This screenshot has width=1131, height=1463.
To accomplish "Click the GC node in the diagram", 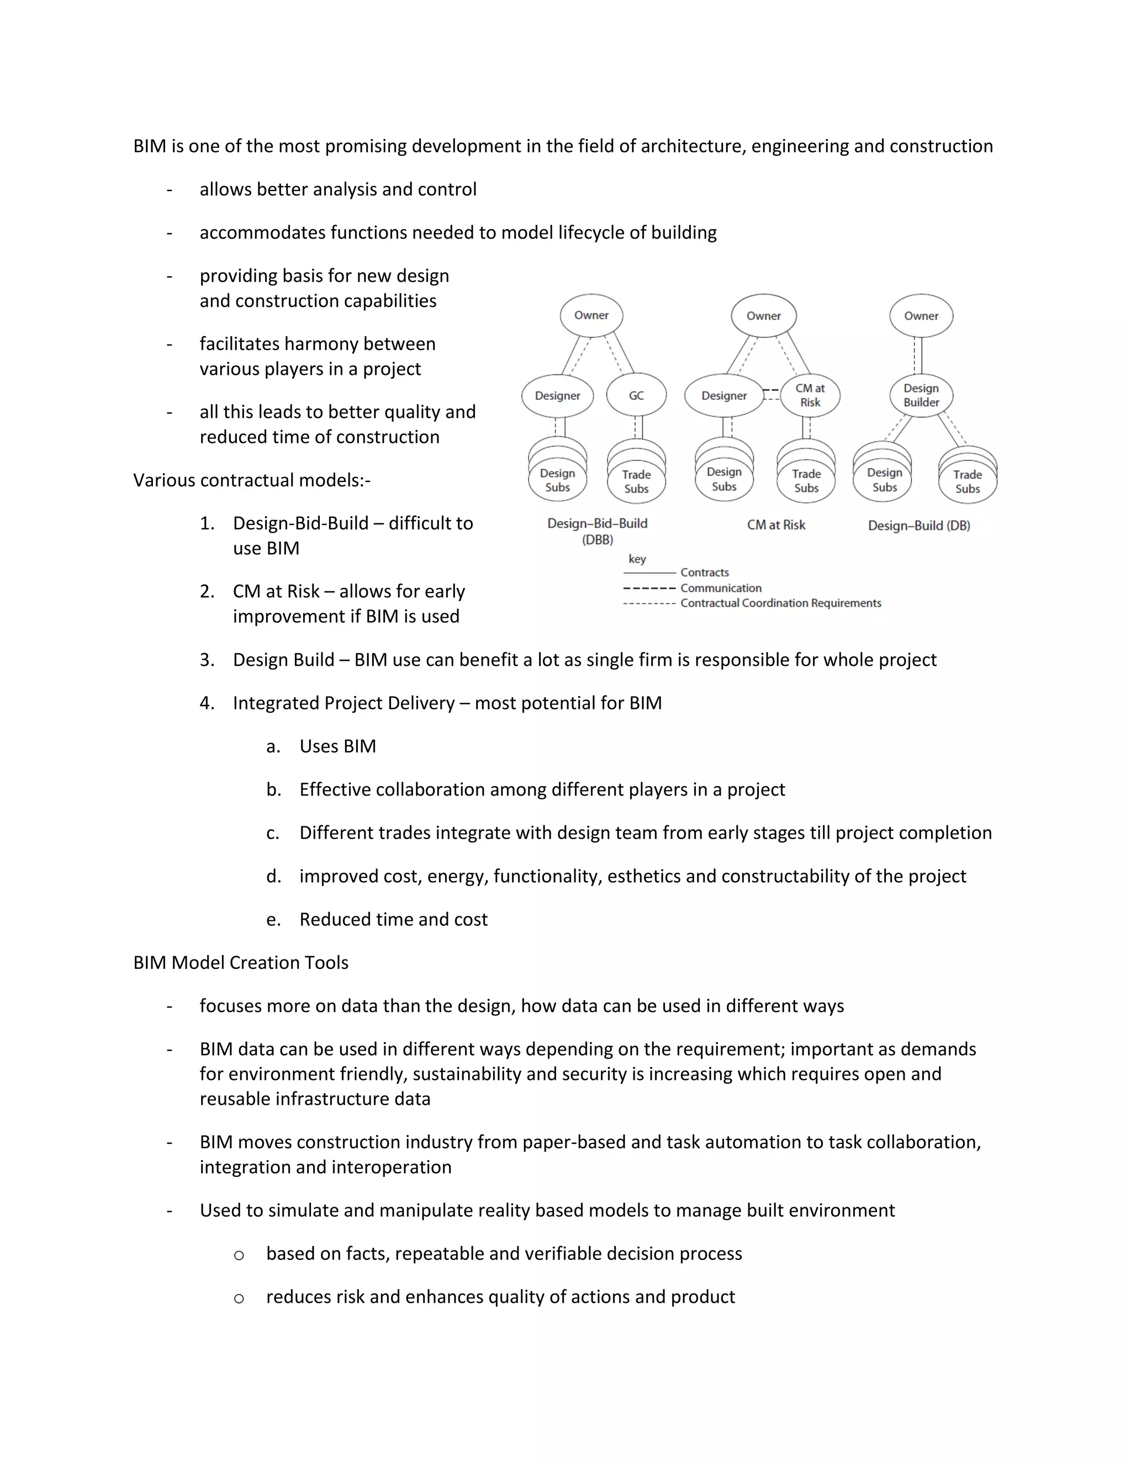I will coord(636,395).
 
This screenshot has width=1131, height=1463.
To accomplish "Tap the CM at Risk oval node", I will coord(810,395).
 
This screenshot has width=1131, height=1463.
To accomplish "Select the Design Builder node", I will coord(921,395).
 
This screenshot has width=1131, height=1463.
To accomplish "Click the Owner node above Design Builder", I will coord(921,315).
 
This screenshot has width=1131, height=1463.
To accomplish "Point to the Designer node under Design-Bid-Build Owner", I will coord(557,395).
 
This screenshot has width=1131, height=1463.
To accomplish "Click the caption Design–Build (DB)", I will coord(918,525).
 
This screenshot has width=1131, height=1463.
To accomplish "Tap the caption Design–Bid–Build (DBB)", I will coord(597,531).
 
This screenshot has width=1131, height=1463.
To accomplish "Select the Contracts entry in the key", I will coord(704,572).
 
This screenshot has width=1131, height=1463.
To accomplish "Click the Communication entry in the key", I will coord(720,587).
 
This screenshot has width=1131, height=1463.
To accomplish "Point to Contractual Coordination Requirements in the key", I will coord(780,603).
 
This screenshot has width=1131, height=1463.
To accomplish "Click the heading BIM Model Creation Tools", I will coord(241,963).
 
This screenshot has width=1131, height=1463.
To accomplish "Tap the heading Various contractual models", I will coord(251,480).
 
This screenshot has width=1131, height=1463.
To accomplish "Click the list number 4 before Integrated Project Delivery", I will coord(207,703).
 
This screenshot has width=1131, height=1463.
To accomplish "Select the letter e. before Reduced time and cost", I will coord(273,919).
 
